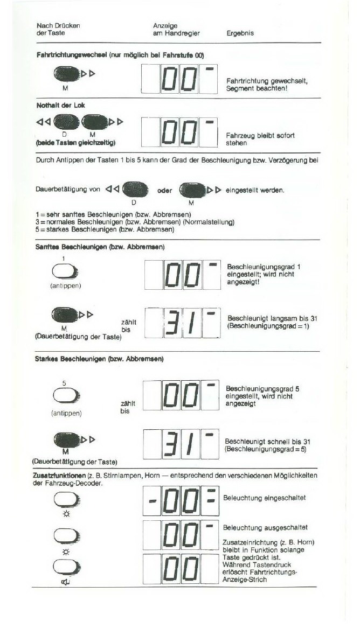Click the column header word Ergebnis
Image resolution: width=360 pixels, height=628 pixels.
click(x=240, y=33)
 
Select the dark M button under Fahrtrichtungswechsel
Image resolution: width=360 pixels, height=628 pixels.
click(x=66, y=73)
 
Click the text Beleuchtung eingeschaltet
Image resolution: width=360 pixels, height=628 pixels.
click(x=264, y=498)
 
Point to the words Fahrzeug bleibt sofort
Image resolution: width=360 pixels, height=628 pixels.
click(x=260, y=136)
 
